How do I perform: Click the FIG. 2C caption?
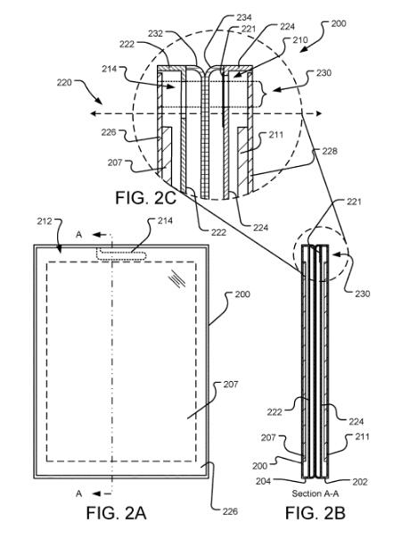coord(145,197)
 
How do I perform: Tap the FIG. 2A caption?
coord(117,513)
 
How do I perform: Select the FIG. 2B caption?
coord(316,513)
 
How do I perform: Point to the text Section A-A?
coord(315,494)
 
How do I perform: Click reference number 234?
coord(243,17)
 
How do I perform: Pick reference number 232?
coord(155,33)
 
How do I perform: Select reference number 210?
coord(300,39)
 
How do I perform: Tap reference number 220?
coord(64,82)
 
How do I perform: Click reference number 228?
coord(330,151)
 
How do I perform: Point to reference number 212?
coord(45,221)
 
